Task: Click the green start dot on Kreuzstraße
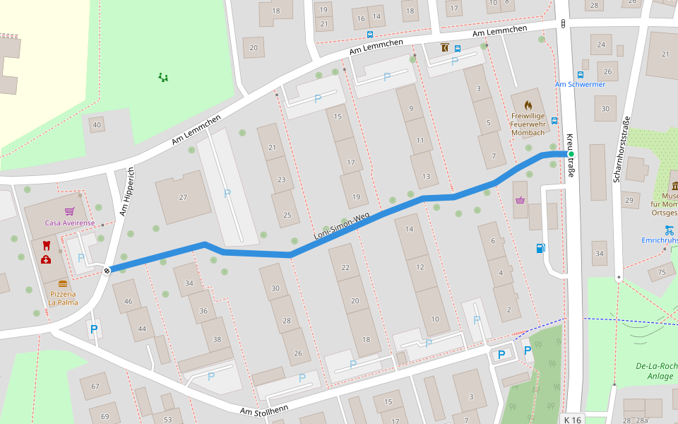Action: pos(571,154)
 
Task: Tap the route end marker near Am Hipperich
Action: pos(107,270)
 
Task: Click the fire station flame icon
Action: pos(528,105)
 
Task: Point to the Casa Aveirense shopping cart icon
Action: pos(69,211)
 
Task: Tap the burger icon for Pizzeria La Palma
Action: pos(63,284)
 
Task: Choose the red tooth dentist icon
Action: pos(46,246)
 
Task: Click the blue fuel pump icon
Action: pos(540,248)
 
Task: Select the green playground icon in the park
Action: pos(163,77)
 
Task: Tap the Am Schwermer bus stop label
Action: pos(580,85)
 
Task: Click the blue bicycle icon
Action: pos(669,230)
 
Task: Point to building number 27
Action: pos(183,197)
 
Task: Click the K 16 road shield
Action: pos(573,420)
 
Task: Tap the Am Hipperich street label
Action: pos(127,191)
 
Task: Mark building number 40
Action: pos(97,125)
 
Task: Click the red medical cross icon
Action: pos(46,259)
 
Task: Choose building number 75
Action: pos(662,272)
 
